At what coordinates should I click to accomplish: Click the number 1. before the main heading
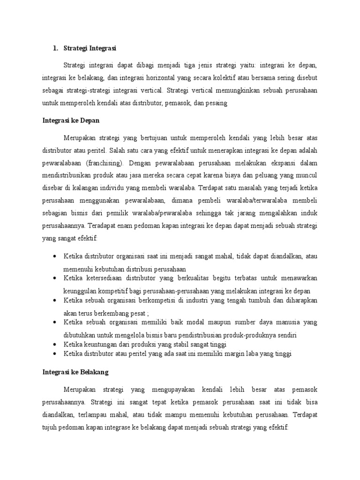tap(55, 48)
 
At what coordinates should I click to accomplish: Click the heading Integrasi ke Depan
tap(71, 120)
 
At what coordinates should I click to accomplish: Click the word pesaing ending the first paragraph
tap(217, 104)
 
